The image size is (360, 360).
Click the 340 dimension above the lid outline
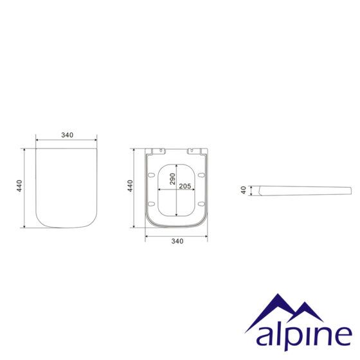pos(67,135)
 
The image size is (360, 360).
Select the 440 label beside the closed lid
pos(19,186)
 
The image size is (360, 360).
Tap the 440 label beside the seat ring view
pos(130,186)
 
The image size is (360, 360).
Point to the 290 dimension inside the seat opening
pos(172,179)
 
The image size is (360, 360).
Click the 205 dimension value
pos(185,186)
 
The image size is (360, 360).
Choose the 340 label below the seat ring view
pos(177,241)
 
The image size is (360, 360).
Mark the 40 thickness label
pos(244,190)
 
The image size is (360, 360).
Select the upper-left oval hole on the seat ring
pos(151,175)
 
